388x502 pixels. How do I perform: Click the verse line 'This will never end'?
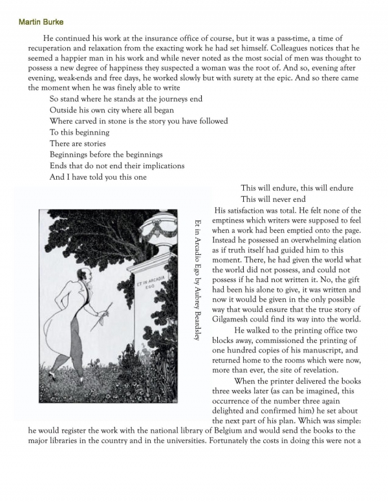click(x=272, y=199)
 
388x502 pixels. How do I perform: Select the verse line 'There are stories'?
click(x=78, y=144)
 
